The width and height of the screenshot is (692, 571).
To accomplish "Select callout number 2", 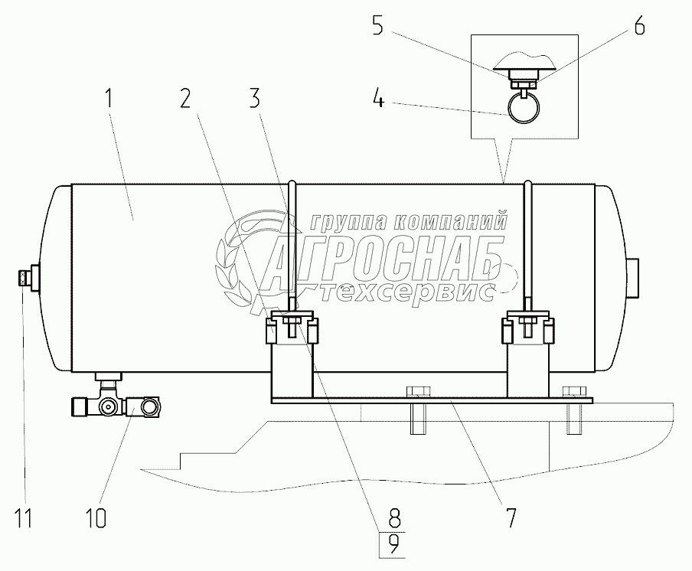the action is (186, 98).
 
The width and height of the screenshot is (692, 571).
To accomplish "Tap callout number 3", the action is (255, 98).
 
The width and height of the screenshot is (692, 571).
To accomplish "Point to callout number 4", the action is (378, 100).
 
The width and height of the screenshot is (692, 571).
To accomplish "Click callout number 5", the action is (377, 26).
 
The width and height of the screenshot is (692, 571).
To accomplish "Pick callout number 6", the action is (639, 26).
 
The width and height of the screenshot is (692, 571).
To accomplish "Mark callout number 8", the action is (394, 517).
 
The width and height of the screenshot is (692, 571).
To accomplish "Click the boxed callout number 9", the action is (394, 544).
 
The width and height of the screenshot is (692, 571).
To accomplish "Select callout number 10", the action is (96, 517).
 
